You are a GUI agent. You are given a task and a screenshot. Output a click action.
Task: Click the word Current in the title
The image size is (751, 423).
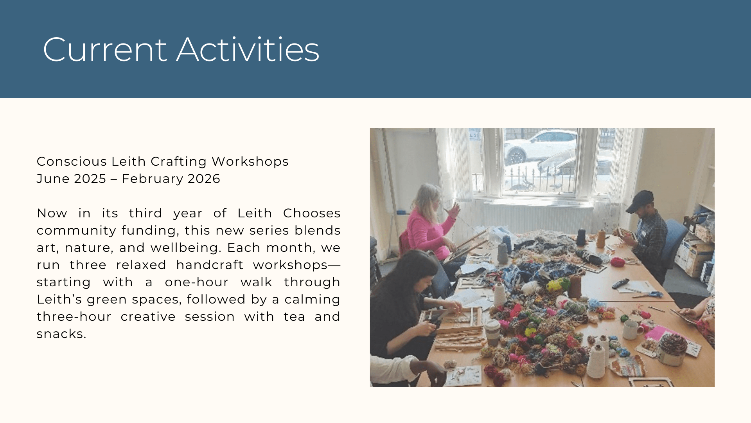105,50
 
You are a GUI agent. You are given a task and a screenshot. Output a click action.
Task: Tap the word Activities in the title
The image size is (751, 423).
248,50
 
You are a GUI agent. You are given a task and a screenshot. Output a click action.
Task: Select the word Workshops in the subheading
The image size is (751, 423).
250,161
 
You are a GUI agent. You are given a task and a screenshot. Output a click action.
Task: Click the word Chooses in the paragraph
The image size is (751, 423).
312,213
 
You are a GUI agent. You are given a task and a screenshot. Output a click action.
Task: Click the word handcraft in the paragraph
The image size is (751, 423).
210,265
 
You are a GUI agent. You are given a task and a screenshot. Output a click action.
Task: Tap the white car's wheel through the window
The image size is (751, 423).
516,156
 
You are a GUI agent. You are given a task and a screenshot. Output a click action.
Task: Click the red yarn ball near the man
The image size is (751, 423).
618,261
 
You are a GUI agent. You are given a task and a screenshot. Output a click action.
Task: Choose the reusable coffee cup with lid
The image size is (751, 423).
492,333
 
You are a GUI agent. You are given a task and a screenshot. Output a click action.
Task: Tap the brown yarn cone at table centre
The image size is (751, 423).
575,286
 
